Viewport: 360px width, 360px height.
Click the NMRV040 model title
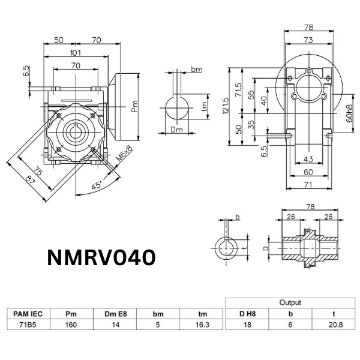[102, 257]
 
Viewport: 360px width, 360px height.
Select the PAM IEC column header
[28, 313]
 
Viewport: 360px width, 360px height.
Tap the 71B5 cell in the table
[28, 324]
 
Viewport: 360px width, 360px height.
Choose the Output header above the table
[290, 302]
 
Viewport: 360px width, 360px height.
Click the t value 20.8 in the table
[333, 324]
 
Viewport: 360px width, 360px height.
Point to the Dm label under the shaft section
[176, 130]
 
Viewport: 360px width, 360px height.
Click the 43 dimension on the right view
[308, 159]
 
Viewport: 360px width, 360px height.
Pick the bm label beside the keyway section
[196, 70]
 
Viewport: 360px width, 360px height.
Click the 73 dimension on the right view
[308, 40]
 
